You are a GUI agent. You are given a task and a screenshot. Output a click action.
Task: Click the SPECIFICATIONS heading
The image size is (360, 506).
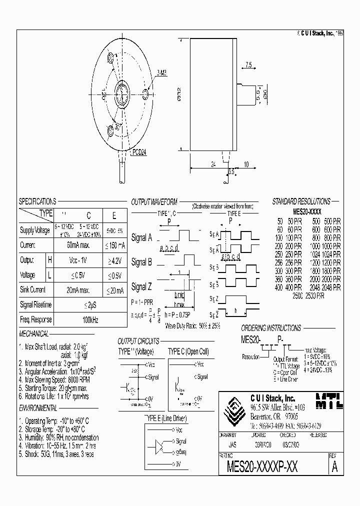[x=37, y=201]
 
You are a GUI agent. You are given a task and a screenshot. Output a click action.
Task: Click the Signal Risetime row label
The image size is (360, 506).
[x=35, y=304]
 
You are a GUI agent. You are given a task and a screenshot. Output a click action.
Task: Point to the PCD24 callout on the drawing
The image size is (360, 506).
[x=140, y=153]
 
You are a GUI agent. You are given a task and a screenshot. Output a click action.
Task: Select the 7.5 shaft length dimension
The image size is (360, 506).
[x=248, y=64]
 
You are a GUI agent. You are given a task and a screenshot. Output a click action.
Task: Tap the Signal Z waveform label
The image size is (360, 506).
[x=141, y=287]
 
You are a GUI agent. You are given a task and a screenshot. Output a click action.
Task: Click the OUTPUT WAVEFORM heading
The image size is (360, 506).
[x=154, y=201]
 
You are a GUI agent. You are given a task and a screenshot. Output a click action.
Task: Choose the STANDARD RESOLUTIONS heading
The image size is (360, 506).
[x=301, y=201]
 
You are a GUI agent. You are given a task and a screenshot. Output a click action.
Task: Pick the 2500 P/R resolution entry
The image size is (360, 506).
[x=308, y=295]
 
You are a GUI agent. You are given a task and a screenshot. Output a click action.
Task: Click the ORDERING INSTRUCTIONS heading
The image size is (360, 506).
[x=270, y=328]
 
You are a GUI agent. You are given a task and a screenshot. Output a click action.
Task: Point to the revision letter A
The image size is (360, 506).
[x=334, y=467]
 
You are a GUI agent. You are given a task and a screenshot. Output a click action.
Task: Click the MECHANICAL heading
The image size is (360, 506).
[x=33, y=334]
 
